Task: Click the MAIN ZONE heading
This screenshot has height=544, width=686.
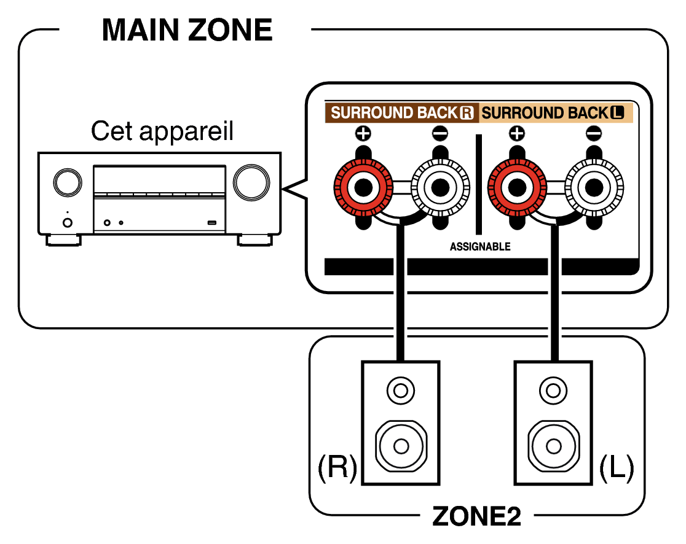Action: click(x=187, y=29)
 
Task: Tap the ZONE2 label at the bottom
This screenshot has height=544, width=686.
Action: click(x=476, y=517)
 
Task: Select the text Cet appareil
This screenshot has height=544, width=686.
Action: click(x=162, y=131)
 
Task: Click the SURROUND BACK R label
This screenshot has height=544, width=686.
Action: click(x=402, y=113)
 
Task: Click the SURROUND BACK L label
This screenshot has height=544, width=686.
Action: click(x=552, y=113)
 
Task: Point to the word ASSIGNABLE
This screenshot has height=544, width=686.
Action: click(x=480, y=247)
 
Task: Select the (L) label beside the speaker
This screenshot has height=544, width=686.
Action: click(x=617, y=468)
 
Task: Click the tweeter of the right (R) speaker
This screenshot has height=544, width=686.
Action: click(x=401, y=389)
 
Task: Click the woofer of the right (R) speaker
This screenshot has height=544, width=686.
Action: click(x=401, y=443)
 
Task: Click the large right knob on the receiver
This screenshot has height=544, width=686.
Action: click(x=251, y=181)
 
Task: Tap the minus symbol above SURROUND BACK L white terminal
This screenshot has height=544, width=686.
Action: click(x=594, y=133)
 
